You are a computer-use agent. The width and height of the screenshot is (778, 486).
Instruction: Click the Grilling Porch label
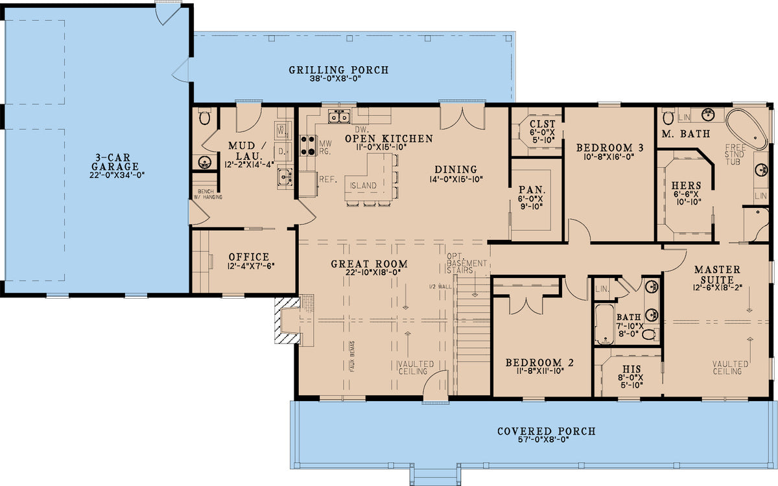pyautogui.click(x=338, y=70)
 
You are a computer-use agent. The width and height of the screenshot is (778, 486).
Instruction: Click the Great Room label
pyautogui.click(x=369, y=264)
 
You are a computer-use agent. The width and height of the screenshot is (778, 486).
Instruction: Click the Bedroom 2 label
pyautogui.click(x=539, y=362)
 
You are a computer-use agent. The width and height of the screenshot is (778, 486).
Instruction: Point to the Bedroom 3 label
pyautogui.click(x=609, y=148)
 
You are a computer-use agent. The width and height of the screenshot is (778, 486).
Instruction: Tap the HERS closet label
pyautogui.click(x=686, y=185)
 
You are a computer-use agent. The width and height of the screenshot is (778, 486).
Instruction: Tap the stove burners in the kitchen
pyautogui.click(x=307, y=145)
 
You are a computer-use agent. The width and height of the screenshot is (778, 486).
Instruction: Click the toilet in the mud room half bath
pyautogui.click(x=205, y=117)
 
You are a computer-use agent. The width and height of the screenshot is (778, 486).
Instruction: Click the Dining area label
pyautogui.click(x=456, y=170)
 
